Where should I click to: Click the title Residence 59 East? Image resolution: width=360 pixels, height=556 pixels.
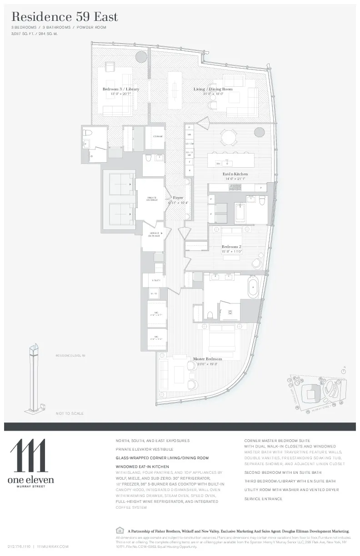(65, 17)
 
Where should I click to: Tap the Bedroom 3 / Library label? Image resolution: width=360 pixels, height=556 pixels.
(120, 89)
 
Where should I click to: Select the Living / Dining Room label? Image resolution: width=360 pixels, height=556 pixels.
(213, 89)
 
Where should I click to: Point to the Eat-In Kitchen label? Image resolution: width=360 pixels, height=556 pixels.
(235, 174)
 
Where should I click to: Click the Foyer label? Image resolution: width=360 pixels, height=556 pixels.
(178, 198)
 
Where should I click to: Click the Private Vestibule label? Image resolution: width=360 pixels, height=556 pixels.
(152, 199)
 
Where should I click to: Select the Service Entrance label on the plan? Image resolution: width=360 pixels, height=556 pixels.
(154, 234)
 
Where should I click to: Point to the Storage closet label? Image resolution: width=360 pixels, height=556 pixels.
(157, 136)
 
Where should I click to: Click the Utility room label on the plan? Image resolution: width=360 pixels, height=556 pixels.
(156, 280)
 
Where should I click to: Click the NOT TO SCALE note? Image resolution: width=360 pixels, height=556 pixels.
(70, 413)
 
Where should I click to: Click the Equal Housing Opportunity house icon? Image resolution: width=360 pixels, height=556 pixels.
(120, 530)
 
